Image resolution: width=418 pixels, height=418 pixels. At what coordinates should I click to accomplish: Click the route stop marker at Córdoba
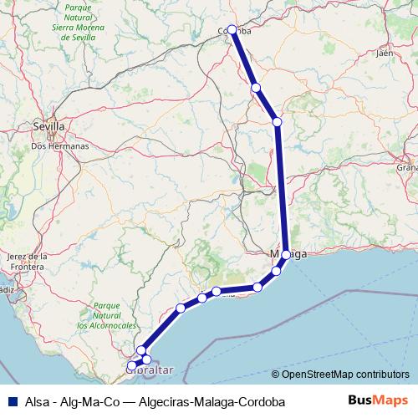point(232,28)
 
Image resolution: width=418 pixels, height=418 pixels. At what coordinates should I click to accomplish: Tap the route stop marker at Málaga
point(287,254)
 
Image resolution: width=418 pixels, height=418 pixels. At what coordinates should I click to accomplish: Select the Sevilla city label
point(48,127)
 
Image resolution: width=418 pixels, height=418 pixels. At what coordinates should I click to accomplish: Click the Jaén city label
point(385,53)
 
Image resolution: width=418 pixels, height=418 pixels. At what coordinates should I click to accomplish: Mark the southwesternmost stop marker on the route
point(131,365)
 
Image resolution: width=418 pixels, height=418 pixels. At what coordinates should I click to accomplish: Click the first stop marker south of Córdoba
point(256,88)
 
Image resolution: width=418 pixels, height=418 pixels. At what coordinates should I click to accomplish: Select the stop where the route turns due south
point(278,122)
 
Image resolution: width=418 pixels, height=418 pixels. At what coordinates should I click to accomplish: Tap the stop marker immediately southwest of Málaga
point(276,271)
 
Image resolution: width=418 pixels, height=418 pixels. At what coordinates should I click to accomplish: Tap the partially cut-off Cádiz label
point(7,289)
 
